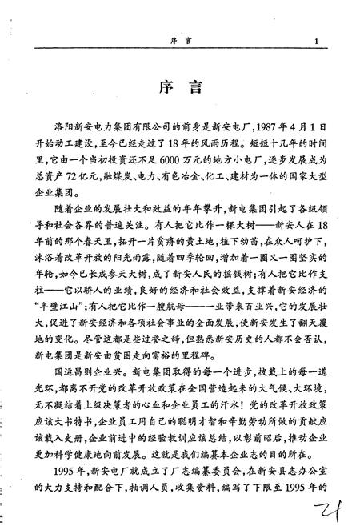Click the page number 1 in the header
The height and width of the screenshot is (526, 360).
pos(318,42)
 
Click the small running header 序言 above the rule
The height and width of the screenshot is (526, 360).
pos(181,42)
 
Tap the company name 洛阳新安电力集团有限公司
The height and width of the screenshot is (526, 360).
pos(106,128)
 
